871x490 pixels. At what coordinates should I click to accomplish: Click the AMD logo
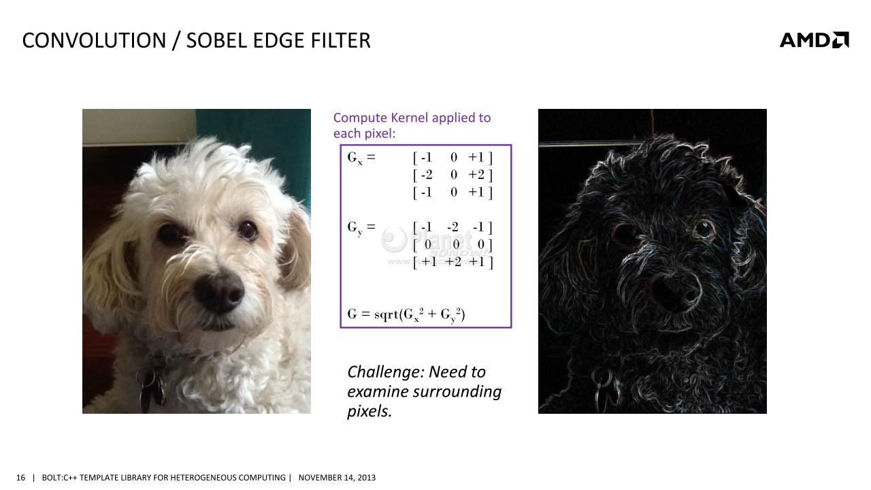pos(814,40)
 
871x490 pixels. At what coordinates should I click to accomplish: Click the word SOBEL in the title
pos(216,40)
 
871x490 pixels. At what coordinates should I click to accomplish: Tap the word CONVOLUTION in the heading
pos(94,40)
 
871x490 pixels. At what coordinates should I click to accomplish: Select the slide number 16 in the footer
pos(20,478)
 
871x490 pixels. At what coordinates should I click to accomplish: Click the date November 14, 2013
pos(337,478)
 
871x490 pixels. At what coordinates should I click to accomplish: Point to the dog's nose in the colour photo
pos(220,293)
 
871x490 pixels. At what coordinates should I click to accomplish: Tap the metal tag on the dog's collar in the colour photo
pos(152,388)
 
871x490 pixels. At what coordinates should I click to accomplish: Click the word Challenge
pos(383,372)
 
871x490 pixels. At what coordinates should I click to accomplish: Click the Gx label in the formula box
pos(355,158)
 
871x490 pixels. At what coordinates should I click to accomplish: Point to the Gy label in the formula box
pos(355,227)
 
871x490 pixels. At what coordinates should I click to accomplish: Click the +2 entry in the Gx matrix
pos(476,175)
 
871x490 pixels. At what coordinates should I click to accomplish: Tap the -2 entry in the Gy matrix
pos(453,227)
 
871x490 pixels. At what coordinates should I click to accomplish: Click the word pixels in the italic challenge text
pos(369,412)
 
